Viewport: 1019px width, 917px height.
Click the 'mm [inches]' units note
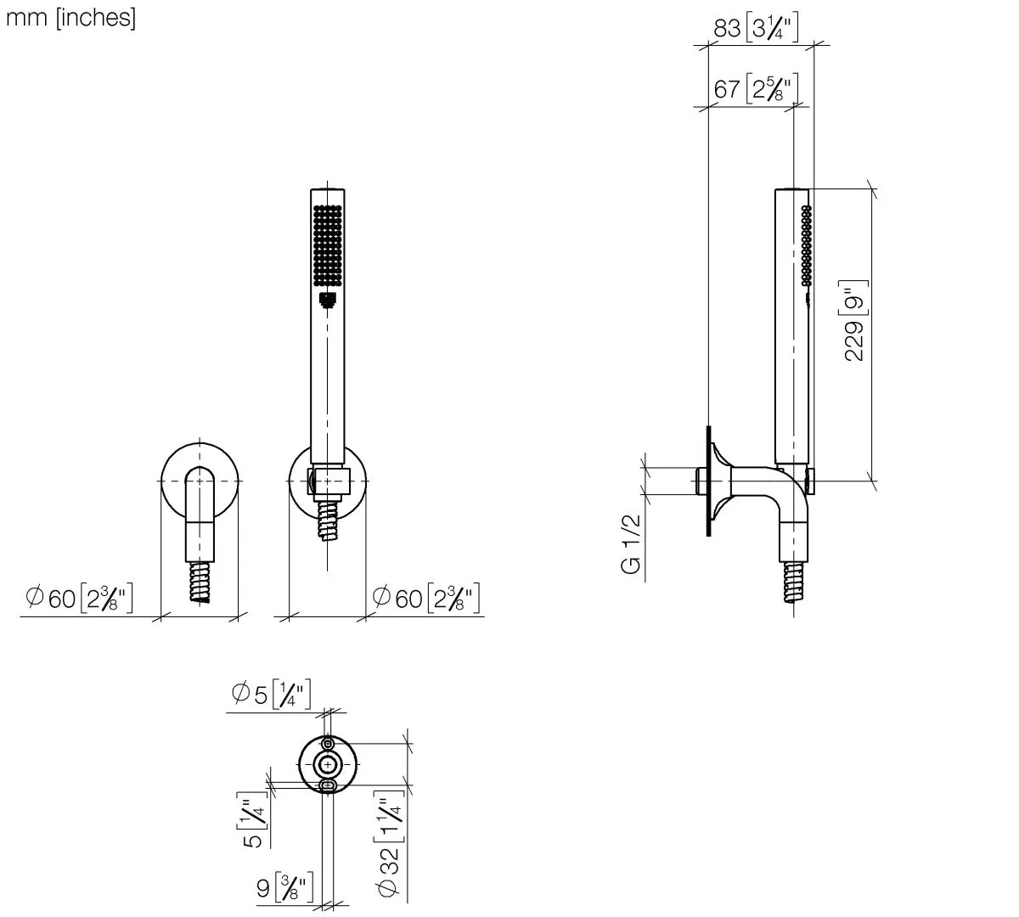(x=70, y=19)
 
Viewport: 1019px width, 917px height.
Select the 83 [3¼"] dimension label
(x=756, y=27)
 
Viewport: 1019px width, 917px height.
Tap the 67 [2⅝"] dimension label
(x=756, y=88)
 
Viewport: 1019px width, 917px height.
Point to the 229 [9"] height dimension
(x=854, y=321)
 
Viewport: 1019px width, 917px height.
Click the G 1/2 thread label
(x=631, y=543)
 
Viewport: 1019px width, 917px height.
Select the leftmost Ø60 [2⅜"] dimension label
(x=79, y=598)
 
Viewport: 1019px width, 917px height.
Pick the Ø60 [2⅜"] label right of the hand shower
(x=425, y=598)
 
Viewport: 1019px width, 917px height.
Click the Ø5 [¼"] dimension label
(x=271, y=694)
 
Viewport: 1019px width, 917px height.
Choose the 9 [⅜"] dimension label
(x=284, y=887)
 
